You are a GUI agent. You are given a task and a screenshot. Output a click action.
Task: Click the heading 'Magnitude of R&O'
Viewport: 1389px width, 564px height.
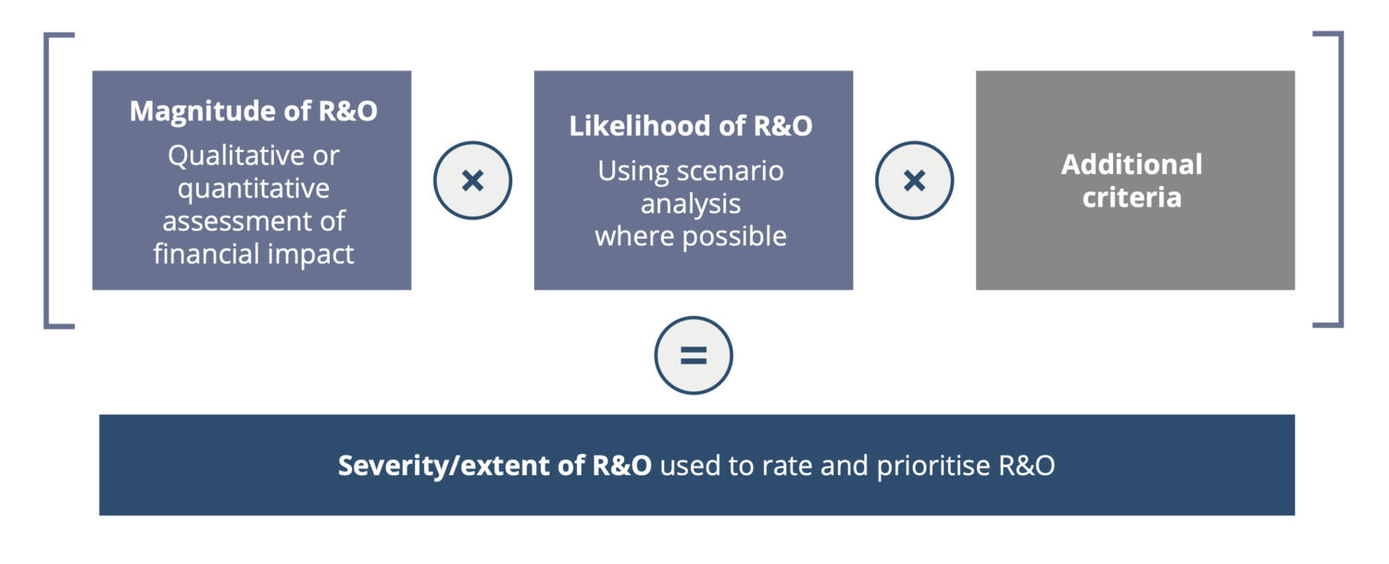click(x=253, y=111)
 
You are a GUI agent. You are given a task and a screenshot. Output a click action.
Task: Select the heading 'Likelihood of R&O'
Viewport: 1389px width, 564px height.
click(x=691, y=126)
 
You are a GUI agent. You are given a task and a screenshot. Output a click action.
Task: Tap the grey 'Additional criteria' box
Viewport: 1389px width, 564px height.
click(x=1134, y=180)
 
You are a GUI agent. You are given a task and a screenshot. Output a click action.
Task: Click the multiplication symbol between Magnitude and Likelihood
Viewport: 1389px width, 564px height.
click(x=472, y=181)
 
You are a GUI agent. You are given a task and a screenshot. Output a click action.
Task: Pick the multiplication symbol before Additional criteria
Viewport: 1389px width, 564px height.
click(x=915, y=181)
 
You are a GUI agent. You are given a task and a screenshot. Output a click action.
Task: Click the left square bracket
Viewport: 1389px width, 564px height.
click(x=46, y=180)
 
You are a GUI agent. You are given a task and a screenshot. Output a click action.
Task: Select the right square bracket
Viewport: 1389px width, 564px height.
click(x=1341, y=179)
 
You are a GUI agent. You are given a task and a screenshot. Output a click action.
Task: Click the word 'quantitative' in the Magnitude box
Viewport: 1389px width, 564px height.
click(x=254, y=189)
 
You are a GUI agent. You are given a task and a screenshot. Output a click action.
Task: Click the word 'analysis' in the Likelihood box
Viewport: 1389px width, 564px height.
click(x=691, y=204)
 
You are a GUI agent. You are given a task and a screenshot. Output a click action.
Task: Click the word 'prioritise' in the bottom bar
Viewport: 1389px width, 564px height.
click(x=933, y=466)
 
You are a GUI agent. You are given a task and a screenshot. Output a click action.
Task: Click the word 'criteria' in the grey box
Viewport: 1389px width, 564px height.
click(x=1132, y=198)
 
